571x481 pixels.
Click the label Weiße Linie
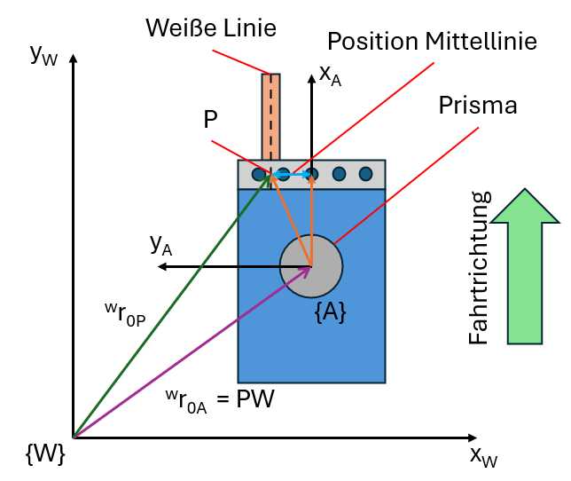(211, 28)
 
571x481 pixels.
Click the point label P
(210, 120)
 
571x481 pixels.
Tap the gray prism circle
(311, 265)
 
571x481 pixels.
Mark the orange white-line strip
(270, 115)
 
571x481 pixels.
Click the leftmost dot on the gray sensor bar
(259, 174)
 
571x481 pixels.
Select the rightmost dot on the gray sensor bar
(365, 174)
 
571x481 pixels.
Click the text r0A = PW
(218, 398)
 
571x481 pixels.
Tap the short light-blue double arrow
(292, 175)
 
